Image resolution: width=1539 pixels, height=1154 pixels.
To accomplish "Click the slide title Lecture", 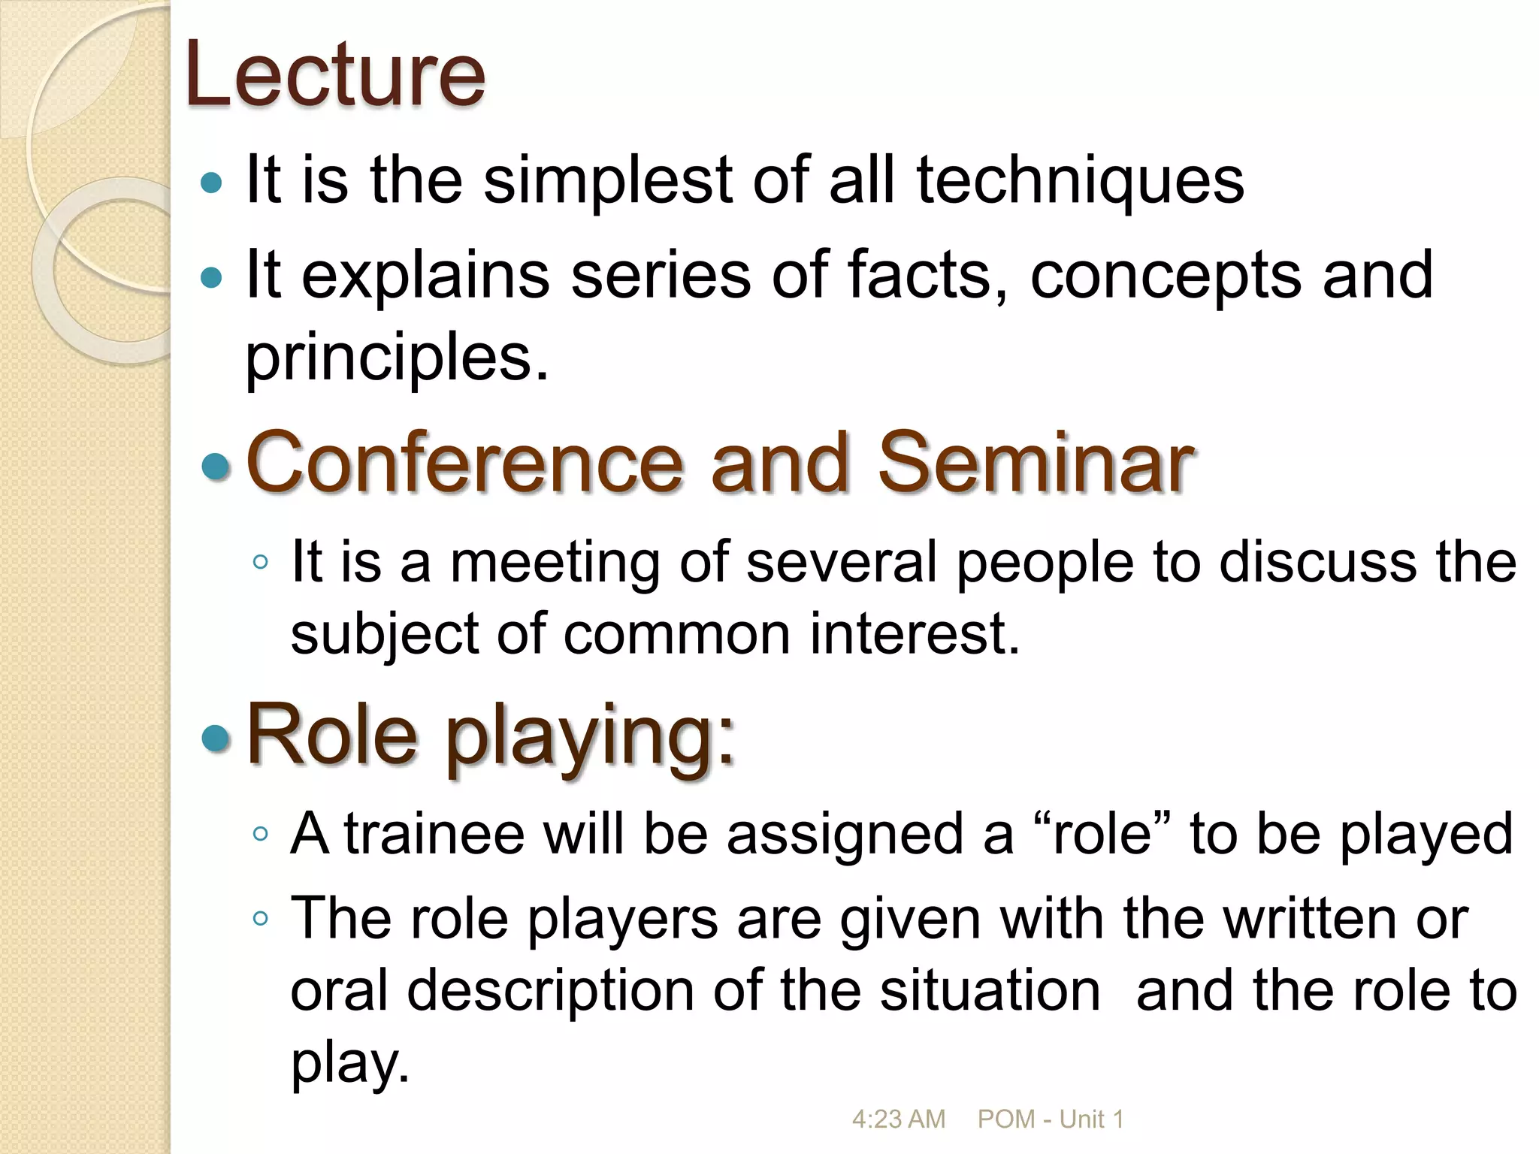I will [335, 74].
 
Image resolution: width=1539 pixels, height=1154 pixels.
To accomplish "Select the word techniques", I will [1080, 181].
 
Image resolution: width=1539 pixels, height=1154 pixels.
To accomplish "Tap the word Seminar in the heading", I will [1036, 462].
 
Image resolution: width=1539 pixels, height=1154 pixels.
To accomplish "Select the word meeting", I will [554, 563].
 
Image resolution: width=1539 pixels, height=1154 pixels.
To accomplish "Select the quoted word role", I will [1102, 834].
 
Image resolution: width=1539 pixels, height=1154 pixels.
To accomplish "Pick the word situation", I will [990, 990].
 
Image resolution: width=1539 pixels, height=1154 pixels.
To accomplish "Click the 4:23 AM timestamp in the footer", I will [898, 1119].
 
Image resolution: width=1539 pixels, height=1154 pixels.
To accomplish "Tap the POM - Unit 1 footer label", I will [1051, 1119].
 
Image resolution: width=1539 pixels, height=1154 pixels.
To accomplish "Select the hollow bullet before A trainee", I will [260, 833].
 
